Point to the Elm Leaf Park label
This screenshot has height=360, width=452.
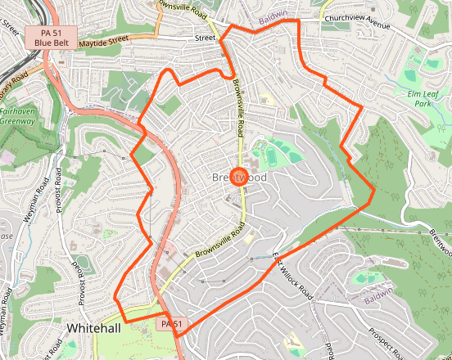click(423, 98)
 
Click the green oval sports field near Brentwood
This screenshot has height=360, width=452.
click(270, 152)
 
